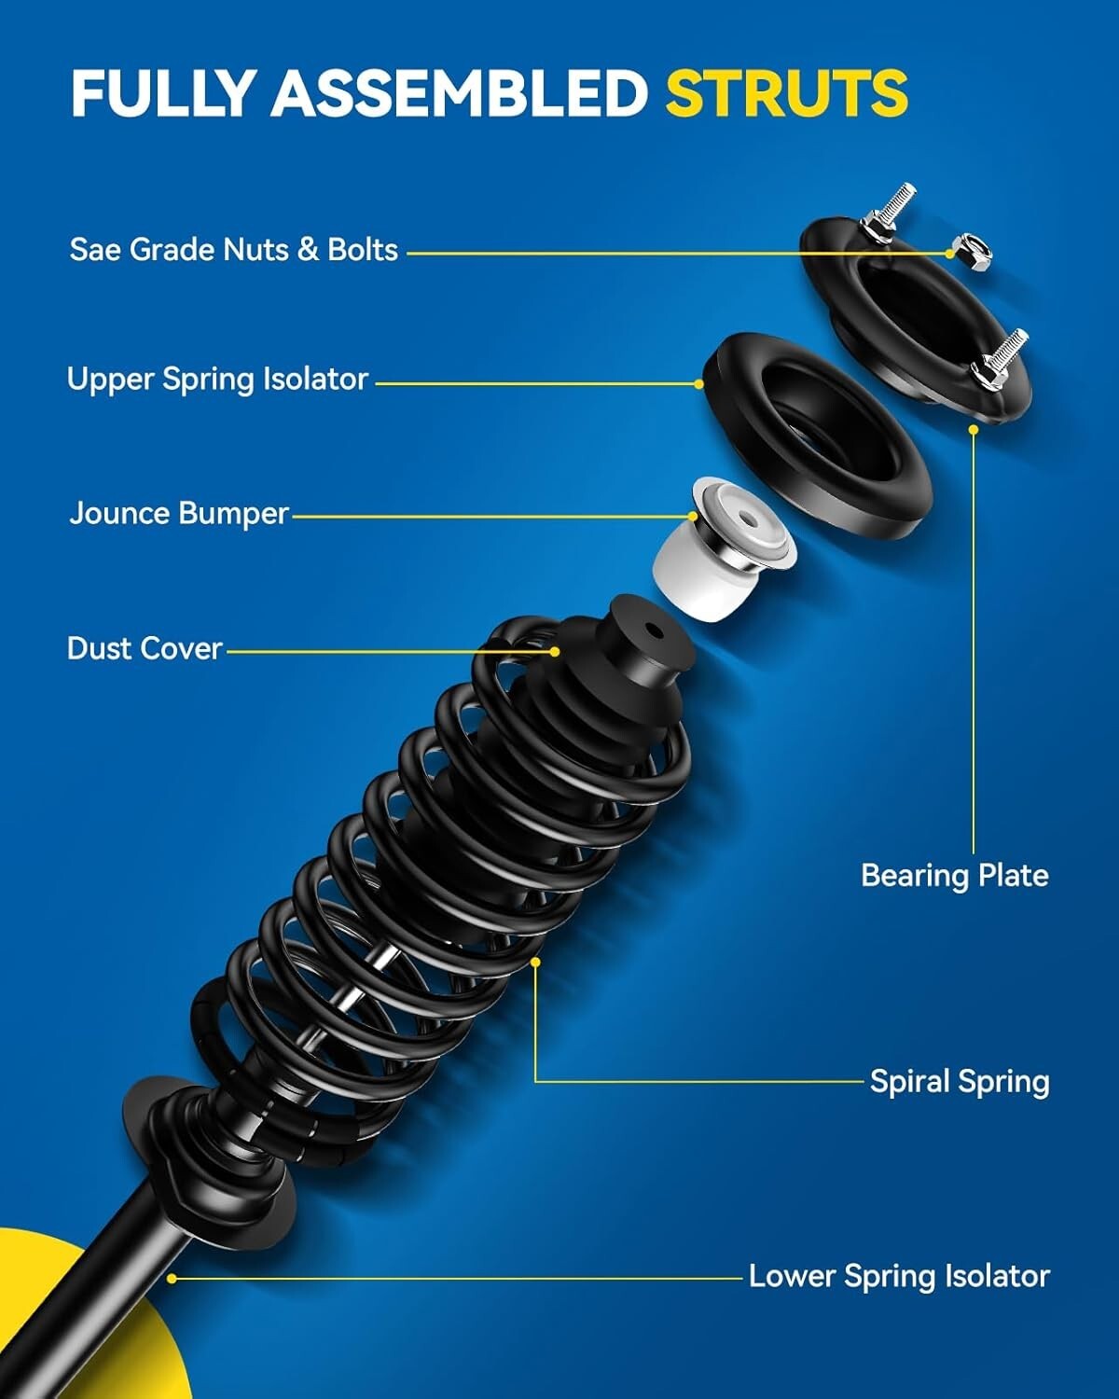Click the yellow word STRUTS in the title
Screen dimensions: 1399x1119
coord(786,92)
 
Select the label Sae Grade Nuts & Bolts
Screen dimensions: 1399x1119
coord(233,250)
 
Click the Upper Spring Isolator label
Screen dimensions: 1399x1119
coord(217,380)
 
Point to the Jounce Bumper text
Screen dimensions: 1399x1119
coord(179,514)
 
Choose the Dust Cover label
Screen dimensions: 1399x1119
coord(145,648)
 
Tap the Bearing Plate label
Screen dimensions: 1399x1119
coord(954,876)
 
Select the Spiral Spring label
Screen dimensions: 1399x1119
coord(959,1082)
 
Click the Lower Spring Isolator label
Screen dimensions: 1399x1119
coord(899,1276)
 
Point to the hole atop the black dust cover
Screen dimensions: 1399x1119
coord(656,631)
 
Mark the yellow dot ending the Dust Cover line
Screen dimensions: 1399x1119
coord(555,652)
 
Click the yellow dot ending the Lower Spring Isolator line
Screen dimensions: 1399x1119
coord(172,1279)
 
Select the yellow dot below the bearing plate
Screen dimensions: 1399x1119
coord(974,430)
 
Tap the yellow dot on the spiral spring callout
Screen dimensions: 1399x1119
coord(535,962)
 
